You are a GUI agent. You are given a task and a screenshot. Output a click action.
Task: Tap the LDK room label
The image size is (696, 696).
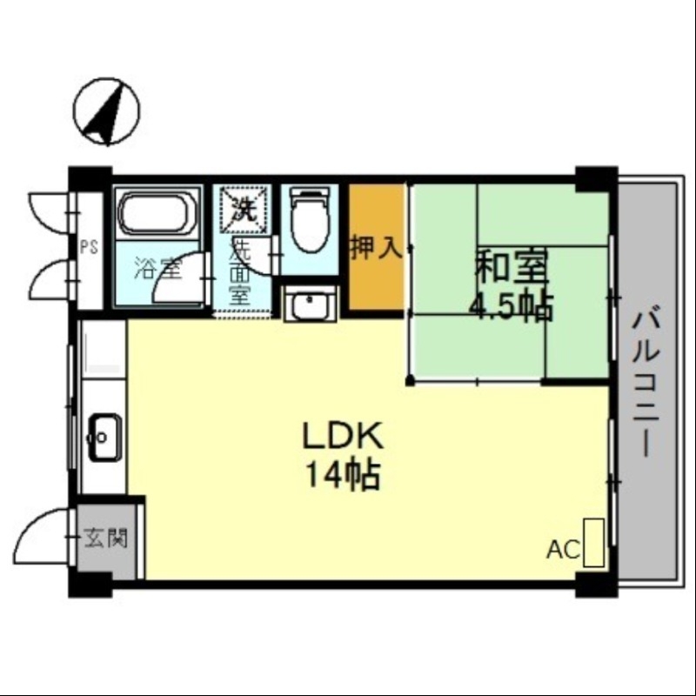point(340,435)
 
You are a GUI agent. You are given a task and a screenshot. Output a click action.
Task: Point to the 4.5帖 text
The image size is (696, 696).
point(511,306)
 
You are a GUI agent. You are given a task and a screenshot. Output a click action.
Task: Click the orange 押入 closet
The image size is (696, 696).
point(377,248)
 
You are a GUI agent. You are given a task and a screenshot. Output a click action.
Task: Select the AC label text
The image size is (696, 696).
point(564,550)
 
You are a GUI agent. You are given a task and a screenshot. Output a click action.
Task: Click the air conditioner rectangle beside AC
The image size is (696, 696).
point(594,543)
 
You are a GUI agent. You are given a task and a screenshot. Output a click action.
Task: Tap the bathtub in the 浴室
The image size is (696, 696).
point(157,214)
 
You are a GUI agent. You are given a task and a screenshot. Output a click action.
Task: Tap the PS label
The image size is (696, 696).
point(89,246)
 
